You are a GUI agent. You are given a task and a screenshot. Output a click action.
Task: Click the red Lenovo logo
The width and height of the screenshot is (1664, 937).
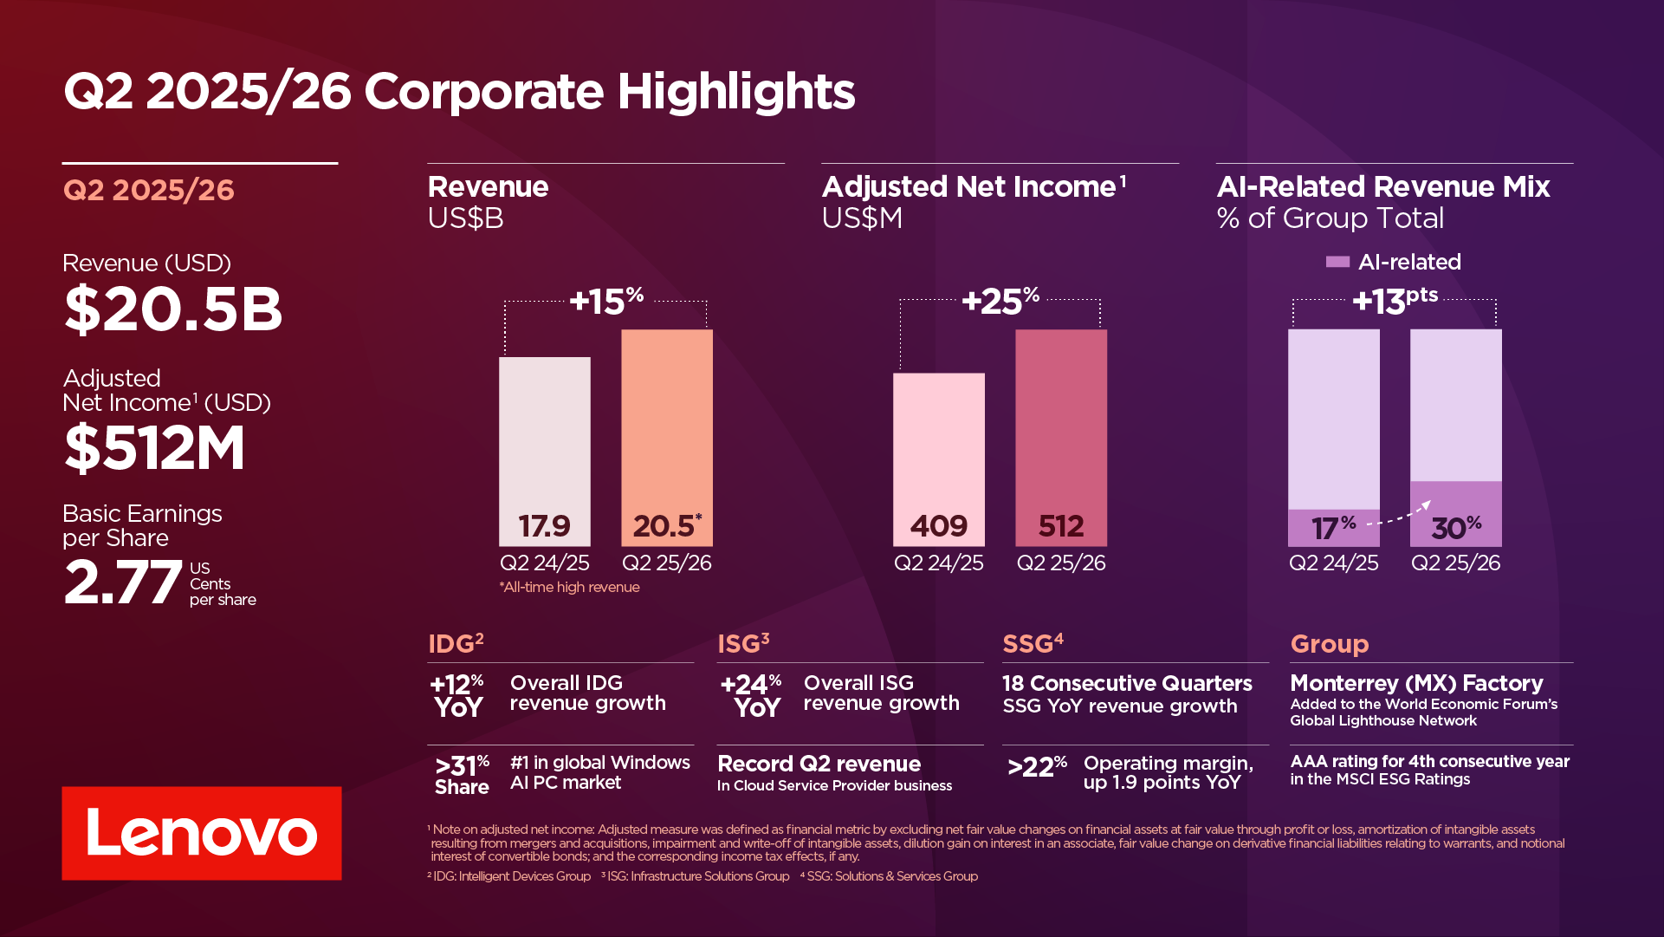[201, 833]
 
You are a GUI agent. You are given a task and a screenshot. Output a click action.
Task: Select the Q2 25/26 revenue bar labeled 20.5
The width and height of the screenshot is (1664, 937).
[667, 437]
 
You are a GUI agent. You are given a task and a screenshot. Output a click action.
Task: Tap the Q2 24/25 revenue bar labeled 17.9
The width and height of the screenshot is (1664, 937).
[544, 451]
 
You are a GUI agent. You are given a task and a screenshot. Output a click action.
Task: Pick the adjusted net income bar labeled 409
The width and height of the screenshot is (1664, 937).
[938, 459]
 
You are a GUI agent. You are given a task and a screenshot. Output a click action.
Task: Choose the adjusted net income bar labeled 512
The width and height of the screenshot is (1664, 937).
[1060, 437]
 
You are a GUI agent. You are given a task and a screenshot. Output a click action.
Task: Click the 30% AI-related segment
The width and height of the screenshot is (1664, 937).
[1455, 514]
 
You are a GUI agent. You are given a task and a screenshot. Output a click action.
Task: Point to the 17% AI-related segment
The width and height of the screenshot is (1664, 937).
[1333, 527]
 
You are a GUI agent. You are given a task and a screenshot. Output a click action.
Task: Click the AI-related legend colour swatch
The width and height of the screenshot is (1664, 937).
[1337, 262]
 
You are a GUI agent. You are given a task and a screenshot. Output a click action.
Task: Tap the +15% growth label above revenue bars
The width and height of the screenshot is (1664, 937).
[606, 301]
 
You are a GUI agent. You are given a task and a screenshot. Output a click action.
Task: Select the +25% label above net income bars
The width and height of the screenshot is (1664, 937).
[1000, 301]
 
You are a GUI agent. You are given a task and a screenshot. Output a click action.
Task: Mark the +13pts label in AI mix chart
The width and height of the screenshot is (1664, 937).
[1395, 300]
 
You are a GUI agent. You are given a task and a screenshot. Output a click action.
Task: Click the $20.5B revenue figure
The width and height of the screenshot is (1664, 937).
[173, 309]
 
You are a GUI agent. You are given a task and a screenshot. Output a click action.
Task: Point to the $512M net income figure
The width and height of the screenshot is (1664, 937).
[155, 447]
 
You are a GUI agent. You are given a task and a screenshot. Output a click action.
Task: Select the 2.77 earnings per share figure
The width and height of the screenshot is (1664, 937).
[123, 582]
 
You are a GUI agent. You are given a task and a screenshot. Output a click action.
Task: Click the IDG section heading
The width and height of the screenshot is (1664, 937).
[456, 643]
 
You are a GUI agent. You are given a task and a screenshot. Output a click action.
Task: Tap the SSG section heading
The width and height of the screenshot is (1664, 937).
[1033, 643]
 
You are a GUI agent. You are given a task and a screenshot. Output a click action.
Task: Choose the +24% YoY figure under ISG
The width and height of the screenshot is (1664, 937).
[751, 695]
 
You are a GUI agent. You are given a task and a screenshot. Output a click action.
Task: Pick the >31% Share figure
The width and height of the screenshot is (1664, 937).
[462, 774]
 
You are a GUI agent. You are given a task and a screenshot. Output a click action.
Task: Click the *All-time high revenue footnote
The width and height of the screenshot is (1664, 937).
[569, 587]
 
